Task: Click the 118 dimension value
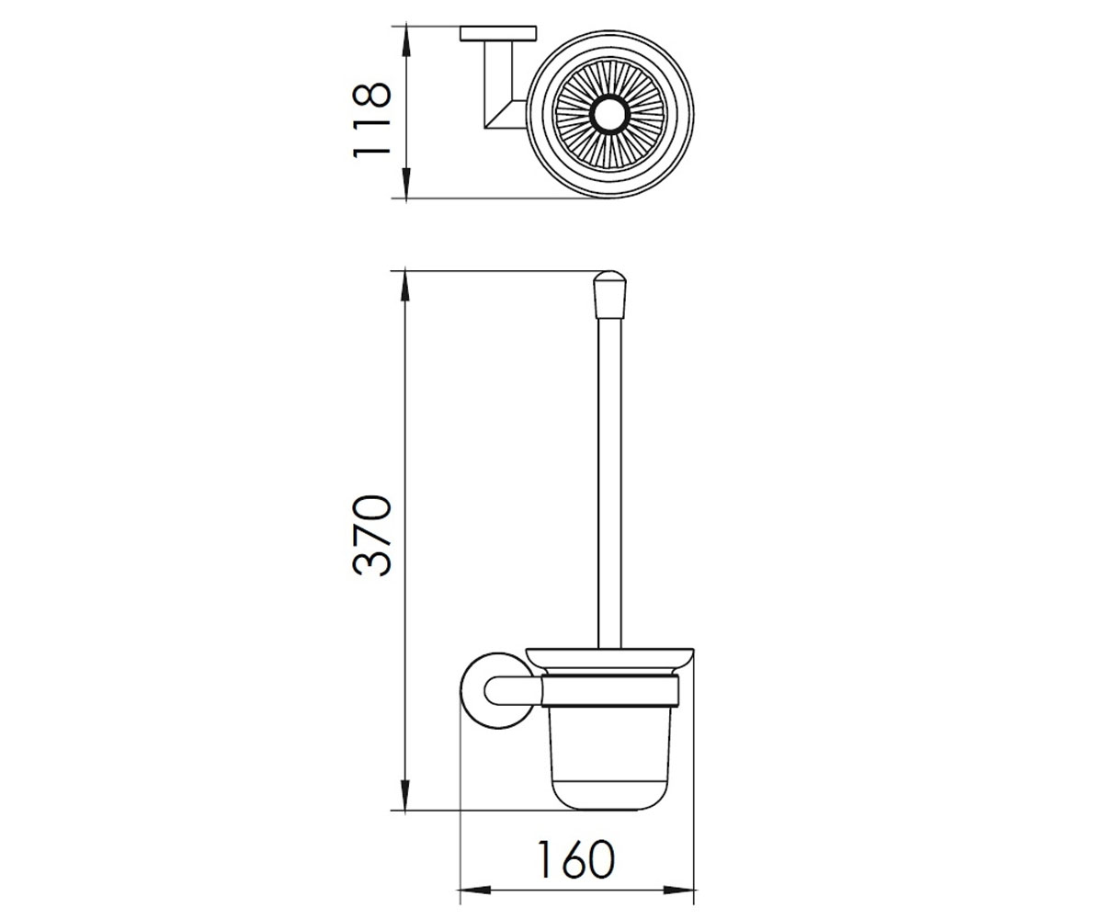tap(372, 119)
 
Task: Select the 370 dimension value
tap(372, 535)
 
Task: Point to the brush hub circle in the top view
tap(610, 114)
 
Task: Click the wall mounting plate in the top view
tap(498, 33)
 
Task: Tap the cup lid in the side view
tap(609, 662)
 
